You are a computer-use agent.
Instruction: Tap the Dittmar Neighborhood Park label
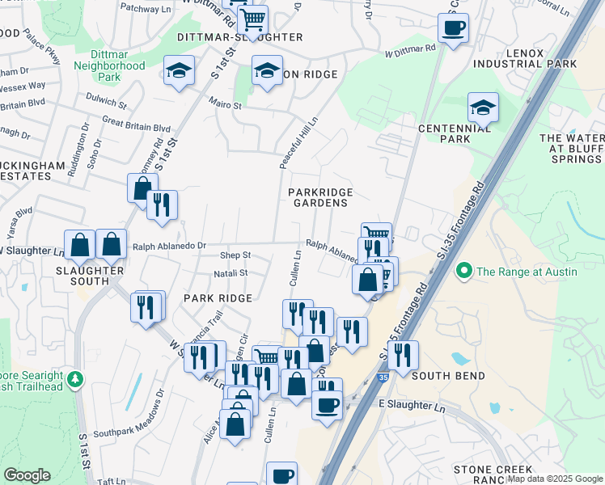coord(108,72)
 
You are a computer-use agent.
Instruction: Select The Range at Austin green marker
coord(464,271)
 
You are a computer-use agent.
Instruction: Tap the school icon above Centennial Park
coord(483,108)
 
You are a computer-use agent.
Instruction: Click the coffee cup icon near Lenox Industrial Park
coord(453,27)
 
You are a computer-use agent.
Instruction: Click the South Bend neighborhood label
coord(448,376)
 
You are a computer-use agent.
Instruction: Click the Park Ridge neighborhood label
coord(218,298)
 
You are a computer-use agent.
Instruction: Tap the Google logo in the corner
coord(27,475)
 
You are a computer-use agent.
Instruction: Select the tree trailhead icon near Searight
coord(75,378)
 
